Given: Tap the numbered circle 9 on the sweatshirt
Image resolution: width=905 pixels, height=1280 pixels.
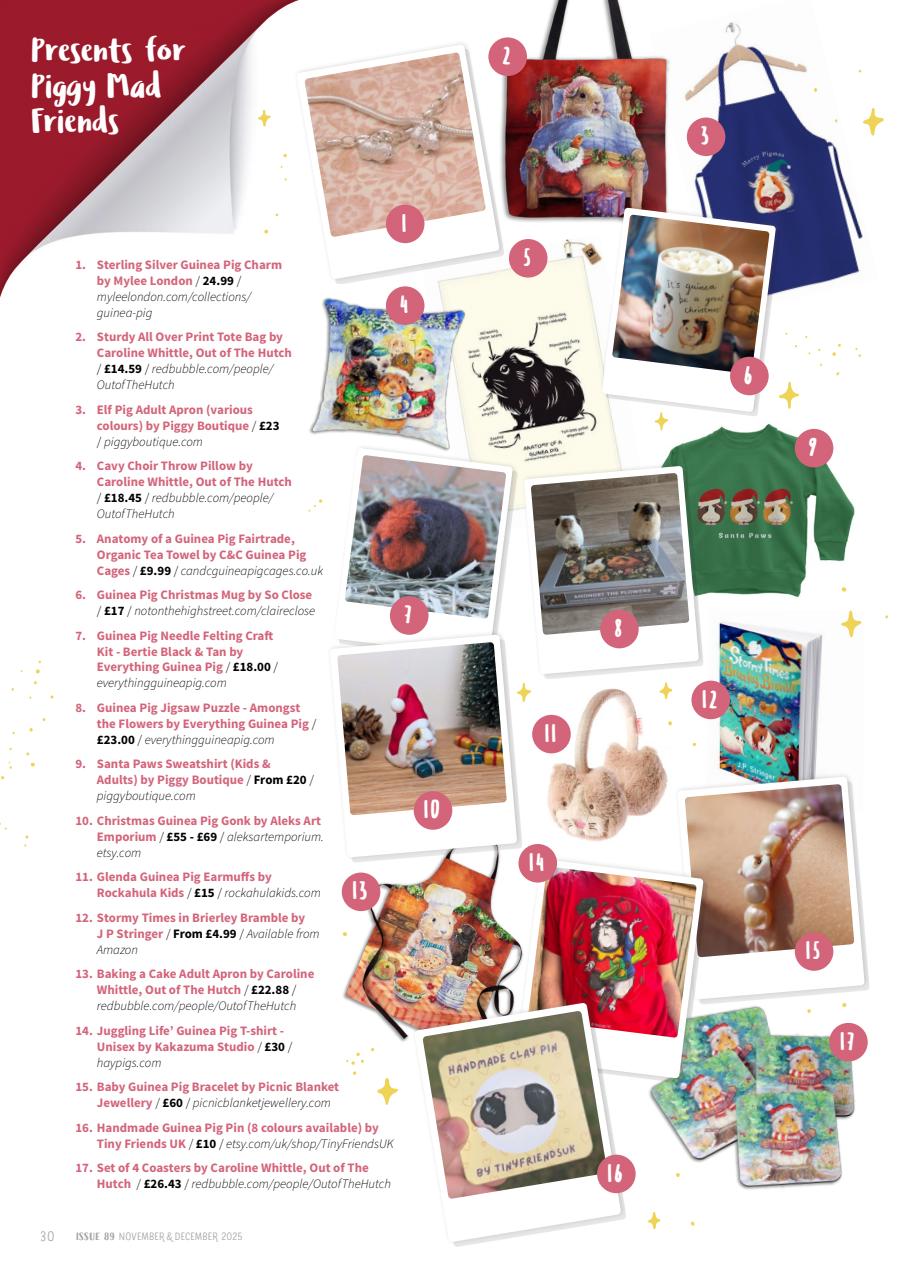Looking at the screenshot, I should pos(813,449).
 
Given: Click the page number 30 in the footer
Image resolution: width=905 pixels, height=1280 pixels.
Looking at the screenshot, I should pos(47,1236).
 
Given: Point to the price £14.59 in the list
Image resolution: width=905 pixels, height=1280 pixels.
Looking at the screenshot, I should pos(123,368).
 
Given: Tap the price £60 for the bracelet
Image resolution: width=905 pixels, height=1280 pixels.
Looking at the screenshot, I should pos(170,1103).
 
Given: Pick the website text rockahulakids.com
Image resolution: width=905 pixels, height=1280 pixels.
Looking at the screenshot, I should pos(272,893).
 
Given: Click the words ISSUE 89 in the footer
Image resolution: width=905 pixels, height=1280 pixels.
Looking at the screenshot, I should pos(96,1236).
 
